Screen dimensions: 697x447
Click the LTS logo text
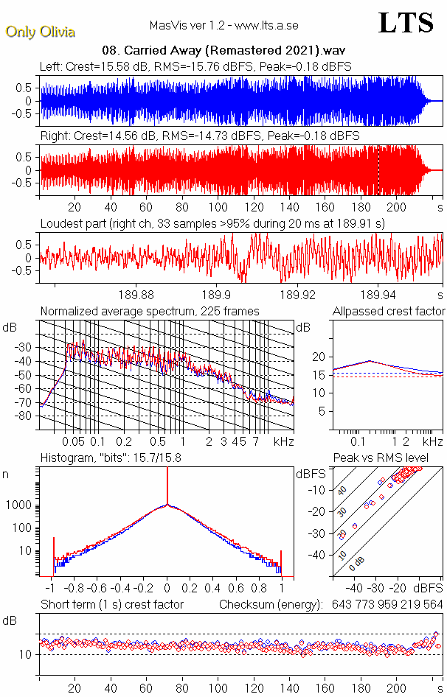(405, 24)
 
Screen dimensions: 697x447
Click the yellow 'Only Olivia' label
(40, 32)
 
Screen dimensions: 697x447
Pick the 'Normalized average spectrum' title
(150, 312)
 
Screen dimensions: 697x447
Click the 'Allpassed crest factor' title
(389, 312)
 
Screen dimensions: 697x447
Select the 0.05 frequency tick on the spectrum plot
(74, 441)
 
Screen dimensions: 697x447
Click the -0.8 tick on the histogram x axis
(74, 589)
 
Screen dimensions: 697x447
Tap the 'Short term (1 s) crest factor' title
(111, 605)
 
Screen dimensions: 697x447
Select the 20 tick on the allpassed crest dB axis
(318, 357)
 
